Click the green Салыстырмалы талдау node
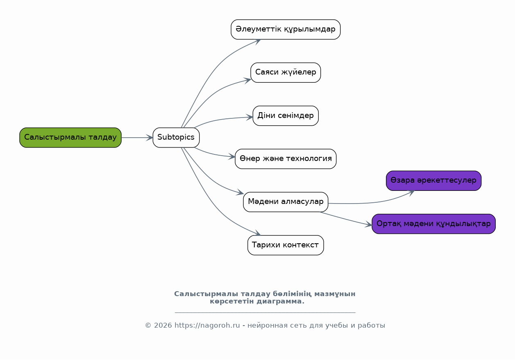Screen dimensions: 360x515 coord(70,138)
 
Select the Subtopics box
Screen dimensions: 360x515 coord(176,138)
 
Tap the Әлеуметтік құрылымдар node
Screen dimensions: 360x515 coord(286,29)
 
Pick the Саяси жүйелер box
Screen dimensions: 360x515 coord(286,72)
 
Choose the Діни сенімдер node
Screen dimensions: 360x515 coord(286,116)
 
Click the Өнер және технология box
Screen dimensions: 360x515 coord(286,159)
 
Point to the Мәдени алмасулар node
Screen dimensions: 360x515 coord(286,202)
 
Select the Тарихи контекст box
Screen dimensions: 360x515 coord(286,245)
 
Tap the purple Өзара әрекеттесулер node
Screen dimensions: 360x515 coord(433,181)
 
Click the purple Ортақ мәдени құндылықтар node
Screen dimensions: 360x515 coord(433,224)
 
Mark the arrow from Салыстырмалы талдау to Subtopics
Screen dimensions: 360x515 coord(137,138)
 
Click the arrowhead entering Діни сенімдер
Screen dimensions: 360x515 coord(250,117)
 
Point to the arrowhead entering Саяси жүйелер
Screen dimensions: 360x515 coord(247,80)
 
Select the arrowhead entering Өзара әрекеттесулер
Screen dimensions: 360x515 coord(411,192)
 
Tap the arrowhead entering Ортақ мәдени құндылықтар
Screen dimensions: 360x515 coord(368,224)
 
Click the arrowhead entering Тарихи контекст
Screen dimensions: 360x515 coord(257,234)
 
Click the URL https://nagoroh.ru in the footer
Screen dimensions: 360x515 coord(207,326)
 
